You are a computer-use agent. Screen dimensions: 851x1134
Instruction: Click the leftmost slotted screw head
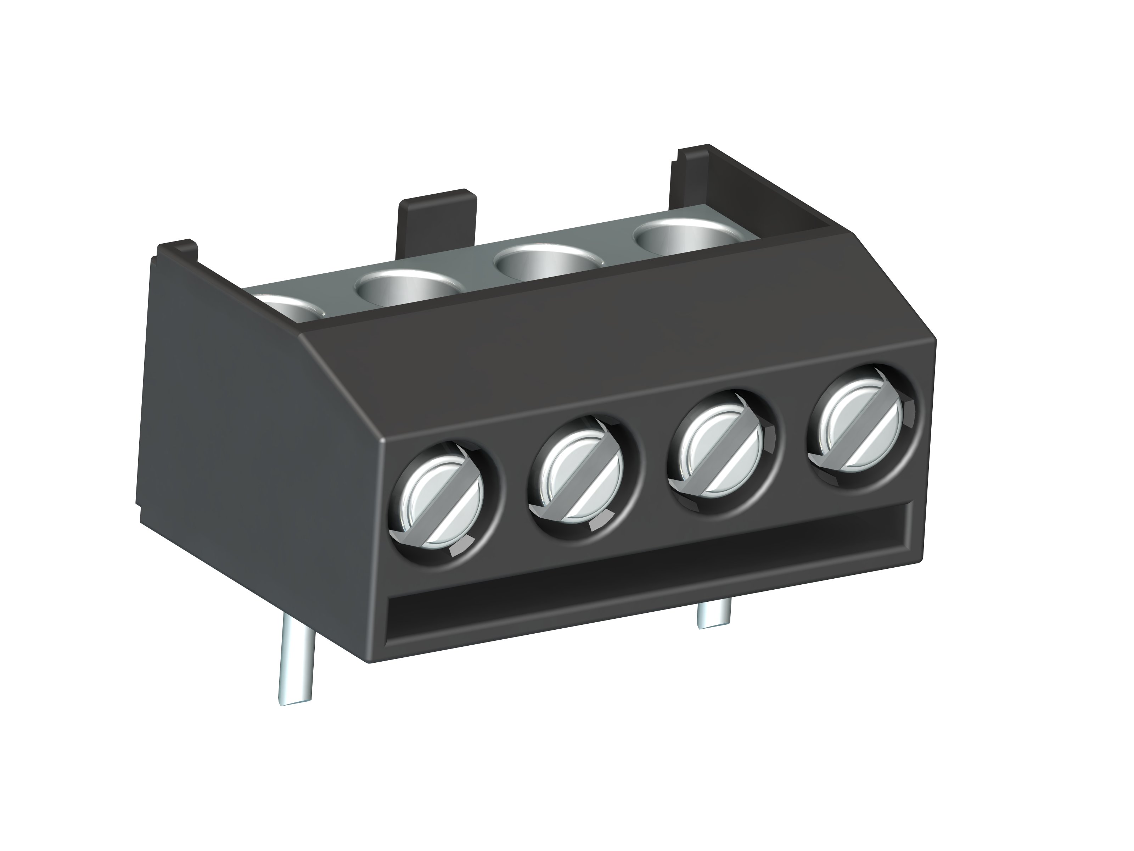coord(442,504)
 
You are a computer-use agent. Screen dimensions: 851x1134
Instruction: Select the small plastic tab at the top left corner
coord(177,252)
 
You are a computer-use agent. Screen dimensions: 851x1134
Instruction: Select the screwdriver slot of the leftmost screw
coord(442,504)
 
